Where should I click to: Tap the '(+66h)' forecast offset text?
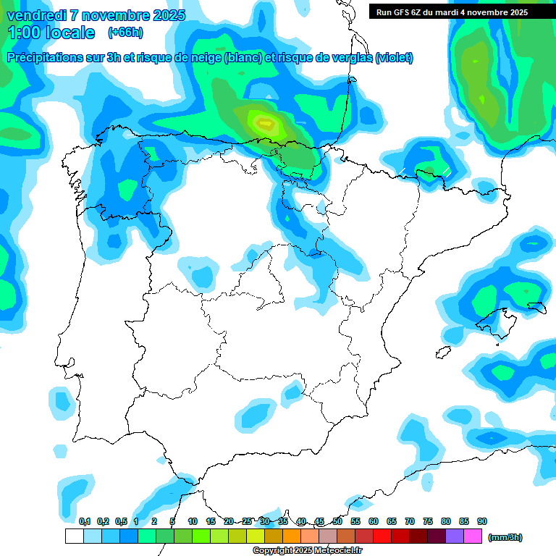click(x=125, y=32)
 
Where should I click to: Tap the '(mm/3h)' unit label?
click(x=505, y=537)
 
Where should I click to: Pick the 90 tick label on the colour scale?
click(x=482, y=521)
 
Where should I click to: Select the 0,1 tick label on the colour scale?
click(x=85, y=521)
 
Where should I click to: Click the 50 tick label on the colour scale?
click(x=337, y=521)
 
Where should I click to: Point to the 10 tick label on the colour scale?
click(x=193, y=521)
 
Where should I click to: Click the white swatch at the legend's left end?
click(x=74, y=536)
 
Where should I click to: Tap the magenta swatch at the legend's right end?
click(x=473, y=536)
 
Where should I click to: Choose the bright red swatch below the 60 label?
click(x=382, y=536)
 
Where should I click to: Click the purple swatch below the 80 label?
click(x=455, y=536)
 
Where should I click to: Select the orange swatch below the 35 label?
click(x=292, y=536)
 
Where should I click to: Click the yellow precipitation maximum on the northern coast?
click(x=264, y=124)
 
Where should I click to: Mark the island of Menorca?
click(x=536, y=308)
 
